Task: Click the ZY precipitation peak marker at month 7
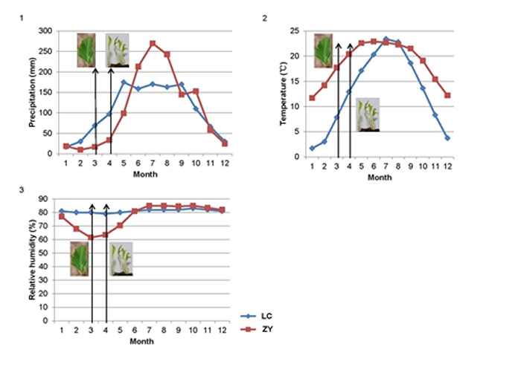tap(153, 43)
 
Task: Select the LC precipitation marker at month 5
tap(124, 82)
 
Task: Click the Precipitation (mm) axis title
tap(33, 92)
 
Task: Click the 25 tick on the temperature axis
tap(298, 31)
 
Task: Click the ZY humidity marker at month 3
tap(92, 238)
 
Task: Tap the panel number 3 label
tap(25, 189)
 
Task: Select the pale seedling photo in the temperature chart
tap(368, 114)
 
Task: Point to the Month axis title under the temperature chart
tap(380, 178)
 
